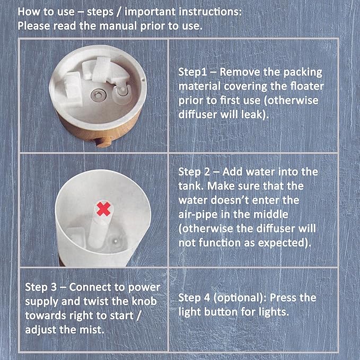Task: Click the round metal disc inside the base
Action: (97, 93)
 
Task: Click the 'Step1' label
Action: (193, 72)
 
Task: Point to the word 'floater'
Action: (309, 86)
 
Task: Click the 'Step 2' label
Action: (195, 172)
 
